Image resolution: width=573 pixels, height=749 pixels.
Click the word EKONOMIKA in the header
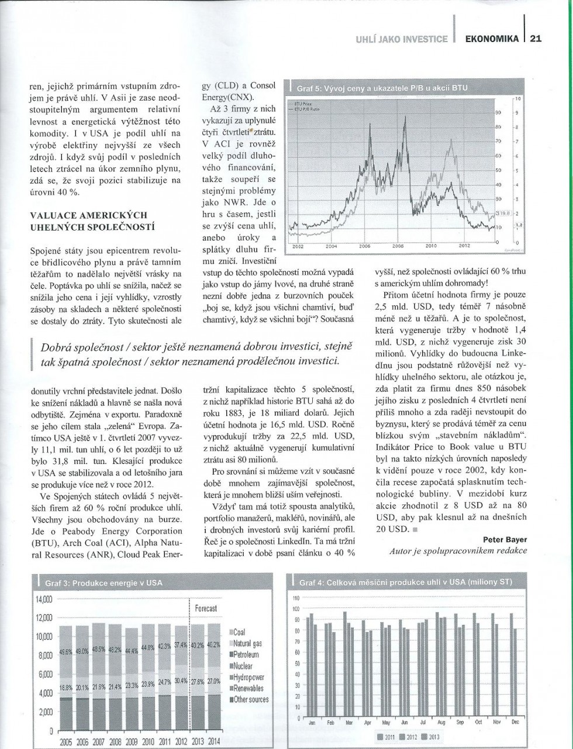tap(492, 39)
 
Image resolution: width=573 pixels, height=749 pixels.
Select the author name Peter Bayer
tap(505, 538)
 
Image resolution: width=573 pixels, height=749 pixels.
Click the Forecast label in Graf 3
tap(206, 609)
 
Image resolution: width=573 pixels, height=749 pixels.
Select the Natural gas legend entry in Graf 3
tap(248, 644)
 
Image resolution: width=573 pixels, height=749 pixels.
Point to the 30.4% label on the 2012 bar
tap(181, 681)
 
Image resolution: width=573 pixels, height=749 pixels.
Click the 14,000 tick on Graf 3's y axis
tap(44, 600)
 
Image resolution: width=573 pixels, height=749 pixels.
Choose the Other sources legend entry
tap(250, 699)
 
